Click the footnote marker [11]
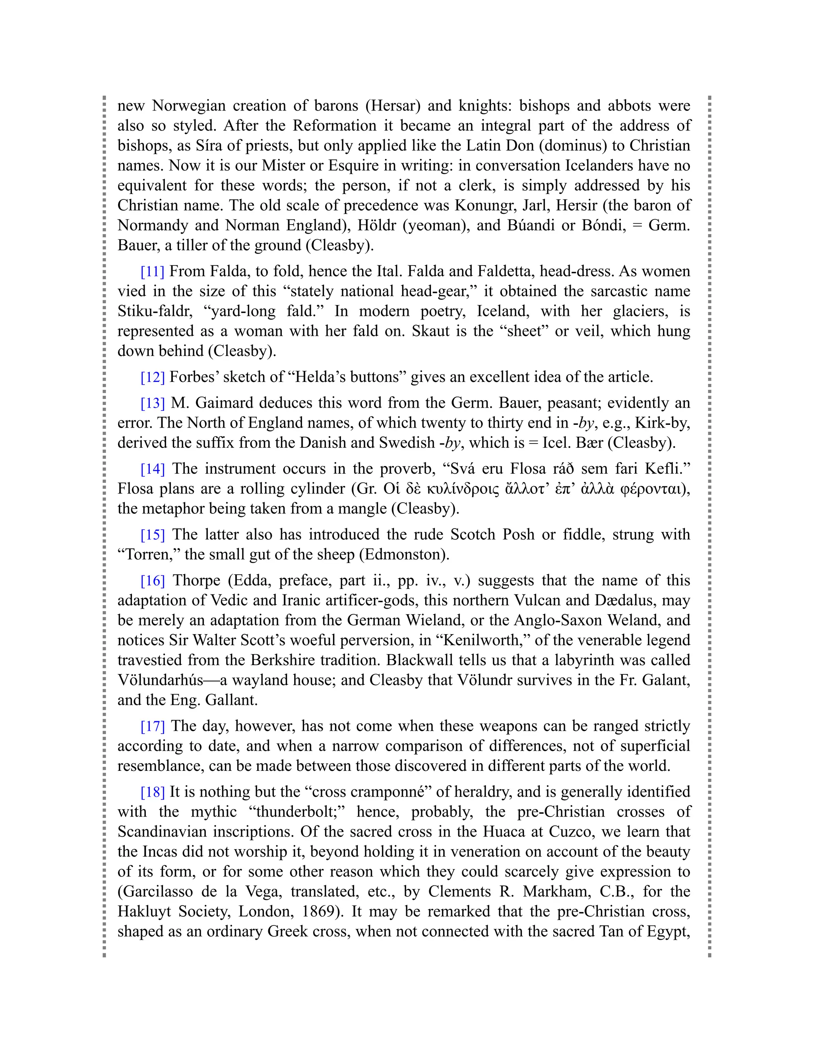coord(152,271)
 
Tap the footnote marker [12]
coord(152,377)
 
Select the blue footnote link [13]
coord(152,403)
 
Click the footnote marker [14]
coord(152,468)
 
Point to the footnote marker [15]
coord(152,535)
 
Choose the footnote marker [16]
coord(152,581)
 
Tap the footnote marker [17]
coord(152,726)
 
